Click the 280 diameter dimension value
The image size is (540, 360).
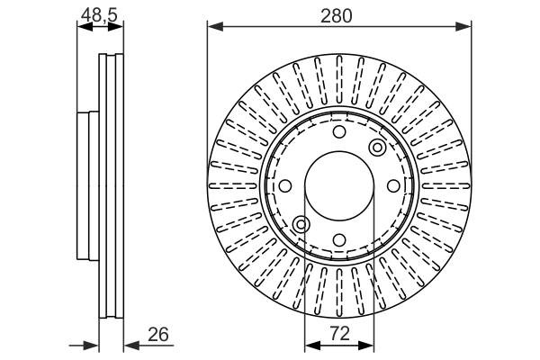point(339,14)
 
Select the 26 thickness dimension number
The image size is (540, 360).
point(158,335)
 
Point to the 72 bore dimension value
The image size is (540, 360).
point(339,335)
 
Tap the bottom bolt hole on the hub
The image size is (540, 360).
point(339,239)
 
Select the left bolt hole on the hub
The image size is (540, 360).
point(284,185)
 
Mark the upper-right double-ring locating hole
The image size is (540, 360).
point(377,147)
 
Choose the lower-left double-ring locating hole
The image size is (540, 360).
point(301,223)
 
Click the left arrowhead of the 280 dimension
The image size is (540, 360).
point(214,28)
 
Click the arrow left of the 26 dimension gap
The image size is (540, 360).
point(91,345)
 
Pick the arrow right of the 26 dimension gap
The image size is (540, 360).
point(129,345)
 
